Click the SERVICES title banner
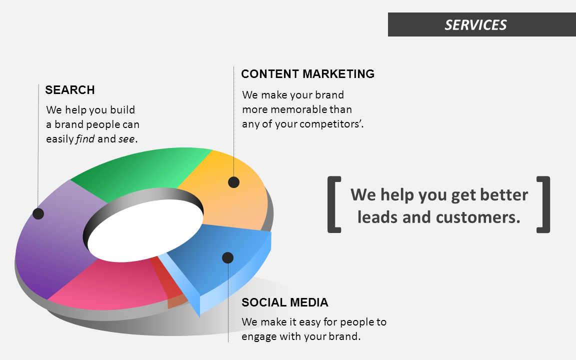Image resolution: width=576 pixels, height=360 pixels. (475, 24)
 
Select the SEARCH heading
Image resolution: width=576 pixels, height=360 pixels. (69, 90)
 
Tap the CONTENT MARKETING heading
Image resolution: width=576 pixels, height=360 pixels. (307, 74)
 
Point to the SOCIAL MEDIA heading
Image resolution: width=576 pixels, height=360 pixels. (284, 302)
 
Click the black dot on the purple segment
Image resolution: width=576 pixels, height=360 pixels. (38, 213)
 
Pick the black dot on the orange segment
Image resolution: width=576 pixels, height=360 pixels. (233, 182)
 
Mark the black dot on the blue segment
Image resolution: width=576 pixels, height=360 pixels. (227, 257)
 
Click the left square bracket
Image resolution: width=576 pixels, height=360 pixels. (334, 204)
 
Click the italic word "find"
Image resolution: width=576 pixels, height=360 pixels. (85, 139)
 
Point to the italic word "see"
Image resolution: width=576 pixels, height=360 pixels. (126, 139)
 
